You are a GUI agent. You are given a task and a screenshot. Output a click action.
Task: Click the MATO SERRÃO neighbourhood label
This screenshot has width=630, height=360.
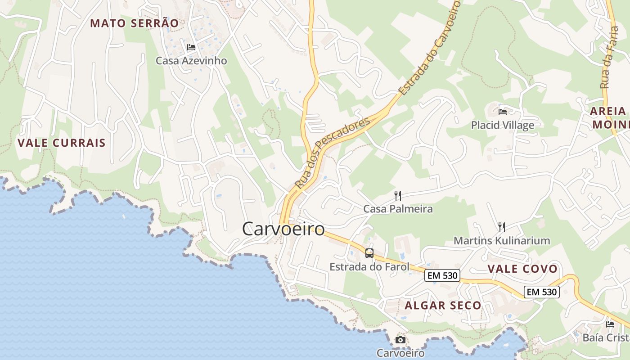[134, 23]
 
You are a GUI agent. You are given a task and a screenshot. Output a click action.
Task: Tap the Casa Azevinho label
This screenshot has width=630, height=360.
[191, 60]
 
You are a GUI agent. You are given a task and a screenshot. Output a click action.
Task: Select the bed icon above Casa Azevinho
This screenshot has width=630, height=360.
[191, 47]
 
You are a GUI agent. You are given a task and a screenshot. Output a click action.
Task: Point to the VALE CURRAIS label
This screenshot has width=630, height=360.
[62, 143]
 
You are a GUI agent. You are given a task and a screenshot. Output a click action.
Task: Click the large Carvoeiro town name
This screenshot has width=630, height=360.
[283, 229]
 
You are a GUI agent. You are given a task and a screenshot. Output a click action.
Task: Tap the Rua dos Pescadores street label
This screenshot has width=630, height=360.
[332, 153]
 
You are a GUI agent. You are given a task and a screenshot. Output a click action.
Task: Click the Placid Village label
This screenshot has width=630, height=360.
[503, 125]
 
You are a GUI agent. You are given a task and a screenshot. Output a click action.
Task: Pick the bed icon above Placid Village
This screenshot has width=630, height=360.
[503, 112]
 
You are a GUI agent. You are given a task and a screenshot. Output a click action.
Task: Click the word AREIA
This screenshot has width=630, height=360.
[608, 111]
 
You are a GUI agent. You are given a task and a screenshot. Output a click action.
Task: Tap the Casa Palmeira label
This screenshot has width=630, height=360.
[398, 209]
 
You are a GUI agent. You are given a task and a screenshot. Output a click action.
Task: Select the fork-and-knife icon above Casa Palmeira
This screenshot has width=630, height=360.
[398, 195]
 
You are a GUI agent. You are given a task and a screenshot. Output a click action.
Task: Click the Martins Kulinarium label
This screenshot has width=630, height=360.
[502, 241]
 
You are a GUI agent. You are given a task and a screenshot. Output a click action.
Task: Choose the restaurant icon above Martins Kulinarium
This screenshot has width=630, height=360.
[502, 227]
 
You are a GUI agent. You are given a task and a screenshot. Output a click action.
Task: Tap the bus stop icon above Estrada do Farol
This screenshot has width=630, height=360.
[369, 253]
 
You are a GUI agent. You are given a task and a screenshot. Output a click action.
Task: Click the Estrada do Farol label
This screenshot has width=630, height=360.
[369, 267]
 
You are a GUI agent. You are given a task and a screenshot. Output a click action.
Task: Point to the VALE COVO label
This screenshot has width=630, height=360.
[522, 269]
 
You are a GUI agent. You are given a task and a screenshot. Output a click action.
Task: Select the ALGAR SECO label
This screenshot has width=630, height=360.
[443, 306]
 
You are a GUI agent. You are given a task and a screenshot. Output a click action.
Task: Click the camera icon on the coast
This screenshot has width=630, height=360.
[400, 340]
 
